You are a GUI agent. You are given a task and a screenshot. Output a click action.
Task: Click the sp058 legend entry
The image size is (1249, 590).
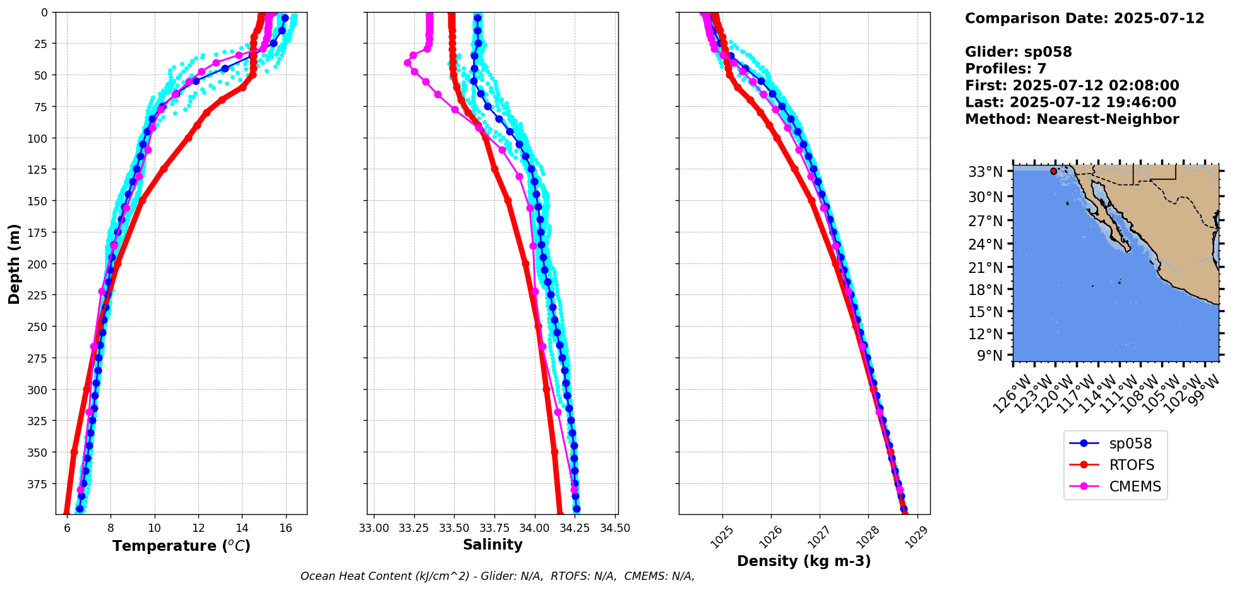[x=1130, y=444]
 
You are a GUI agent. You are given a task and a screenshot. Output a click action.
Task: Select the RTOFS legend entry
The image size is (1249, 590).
[x=1131, y=466]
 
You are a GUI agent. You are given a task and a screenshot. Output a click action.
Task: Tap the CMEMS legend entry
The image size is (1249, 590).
[x=1135, y=487]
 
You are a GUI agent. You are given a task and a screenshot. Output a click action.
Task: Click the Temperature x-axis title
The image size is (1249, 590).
[x=181, y=546]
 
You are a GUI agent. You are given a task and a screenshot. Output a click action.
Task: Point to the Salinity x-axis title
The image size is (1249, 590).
[x=493, y=545]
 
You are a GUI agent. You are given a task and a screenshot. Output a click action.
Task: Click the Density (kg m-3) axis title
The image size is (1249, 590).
[x=804, y=561]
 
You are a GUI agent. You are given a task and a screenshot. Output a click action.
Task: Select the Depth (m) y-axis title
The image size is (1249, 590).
[x=14, y=263]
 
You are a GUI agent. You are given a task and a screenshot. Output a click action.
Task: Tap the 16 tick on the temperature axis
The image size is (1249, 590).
[x=285, y=529]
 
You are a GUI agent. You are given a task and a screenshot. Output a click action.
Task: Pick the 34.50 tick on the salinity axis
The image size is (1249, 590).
[x=614, y=529]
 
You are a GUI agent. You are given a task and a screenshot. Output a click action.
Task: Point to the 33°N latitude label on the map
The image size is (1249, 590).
[x=985, y=172]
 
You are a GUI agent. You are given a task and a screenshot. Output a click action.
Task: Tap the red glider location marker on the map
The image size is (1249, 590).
[x=1053, y=171]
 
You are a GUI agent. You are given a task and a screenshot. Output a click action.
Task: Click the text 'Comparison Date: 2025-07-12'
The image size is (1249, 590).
[x=1084, y=18]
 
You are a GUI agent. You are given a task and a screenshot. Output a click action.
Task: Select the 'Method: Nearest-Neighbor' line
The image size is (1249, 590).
[x=1072, y=119]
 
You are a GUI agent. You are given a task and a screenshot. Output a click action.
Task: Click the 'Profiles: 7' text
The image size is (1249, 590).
[x=1005, y=69]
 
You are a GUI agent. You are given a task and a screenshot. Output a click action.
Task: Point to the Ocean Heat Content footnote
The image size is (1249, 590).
[x=497, y=576]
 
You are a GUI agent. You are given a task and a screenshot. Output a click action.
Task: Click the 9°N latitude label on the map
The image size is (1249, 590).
[x=989, y=356]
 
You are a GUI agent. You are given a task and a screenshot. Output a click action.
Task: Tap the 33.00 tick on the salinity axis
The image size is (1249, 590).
[x=374, y=529]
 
